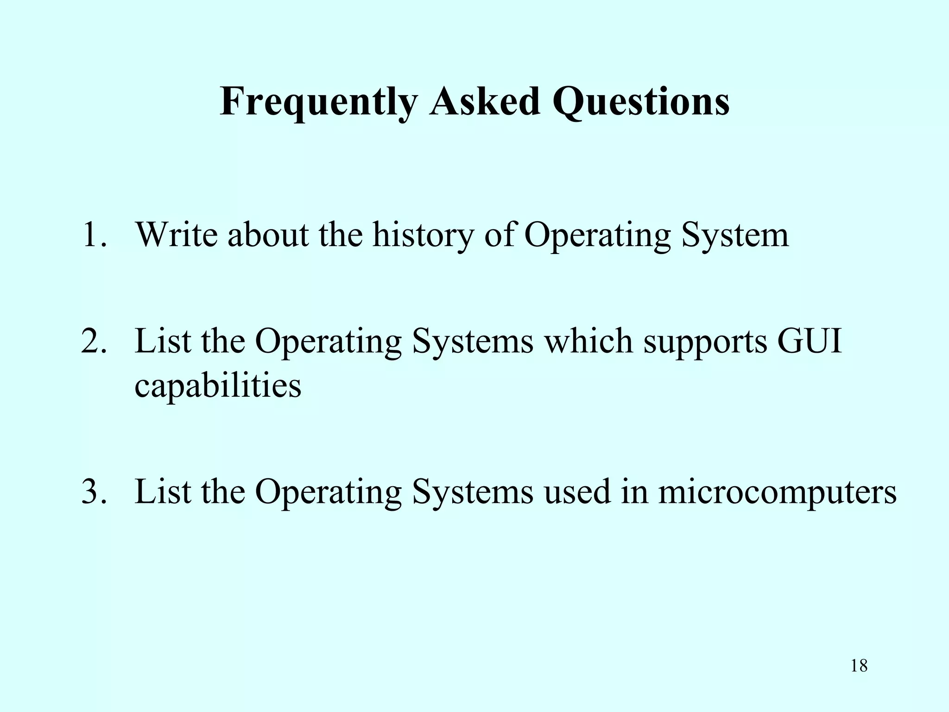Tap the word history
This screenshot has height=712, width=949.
(423, 235)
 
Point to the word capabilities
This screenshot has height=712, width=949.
(218, 386)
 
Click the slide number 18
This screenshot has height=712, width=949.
(859, 666)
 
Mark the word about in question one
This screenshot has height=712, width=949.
(268, 235)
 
